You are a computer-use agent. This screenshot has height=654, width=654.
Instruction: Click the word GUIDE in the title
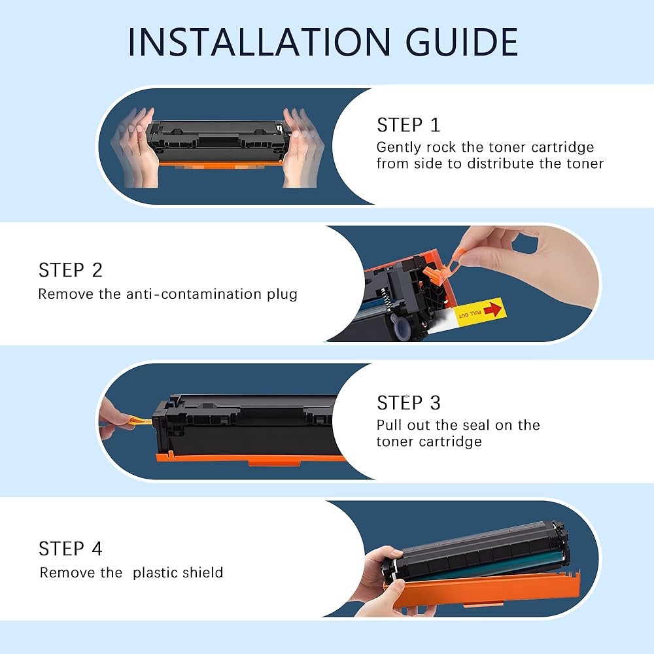462,42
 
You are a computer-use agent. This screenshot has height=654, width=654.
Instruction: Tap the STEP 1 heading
408,125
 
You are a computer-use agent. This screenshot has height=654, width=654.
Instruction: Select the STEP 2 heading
70,270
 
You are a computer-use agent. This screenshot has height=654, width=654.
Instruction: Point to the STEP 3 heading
408,402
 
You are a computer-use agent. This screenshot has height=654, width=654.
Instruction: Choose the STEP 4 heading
70,549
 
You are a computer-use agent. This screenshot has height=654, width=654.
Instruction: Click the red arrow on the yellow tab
492,309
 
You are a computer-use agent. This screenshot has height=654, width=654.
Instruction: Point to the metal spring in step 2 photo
387,299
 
